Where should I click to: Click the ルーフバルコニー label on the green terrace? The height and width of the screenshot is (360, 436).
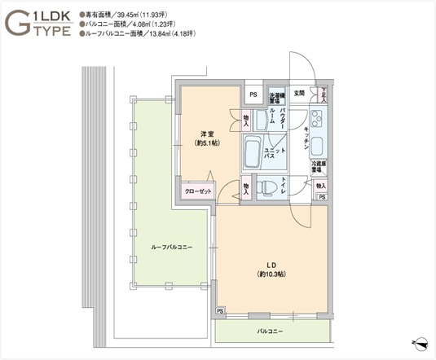point(171,247)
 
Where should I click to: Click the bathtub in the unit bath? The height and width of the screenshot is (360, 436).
point(253,152)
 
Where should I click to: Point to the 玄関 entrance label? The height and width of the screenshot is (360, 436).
point(299,93)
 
